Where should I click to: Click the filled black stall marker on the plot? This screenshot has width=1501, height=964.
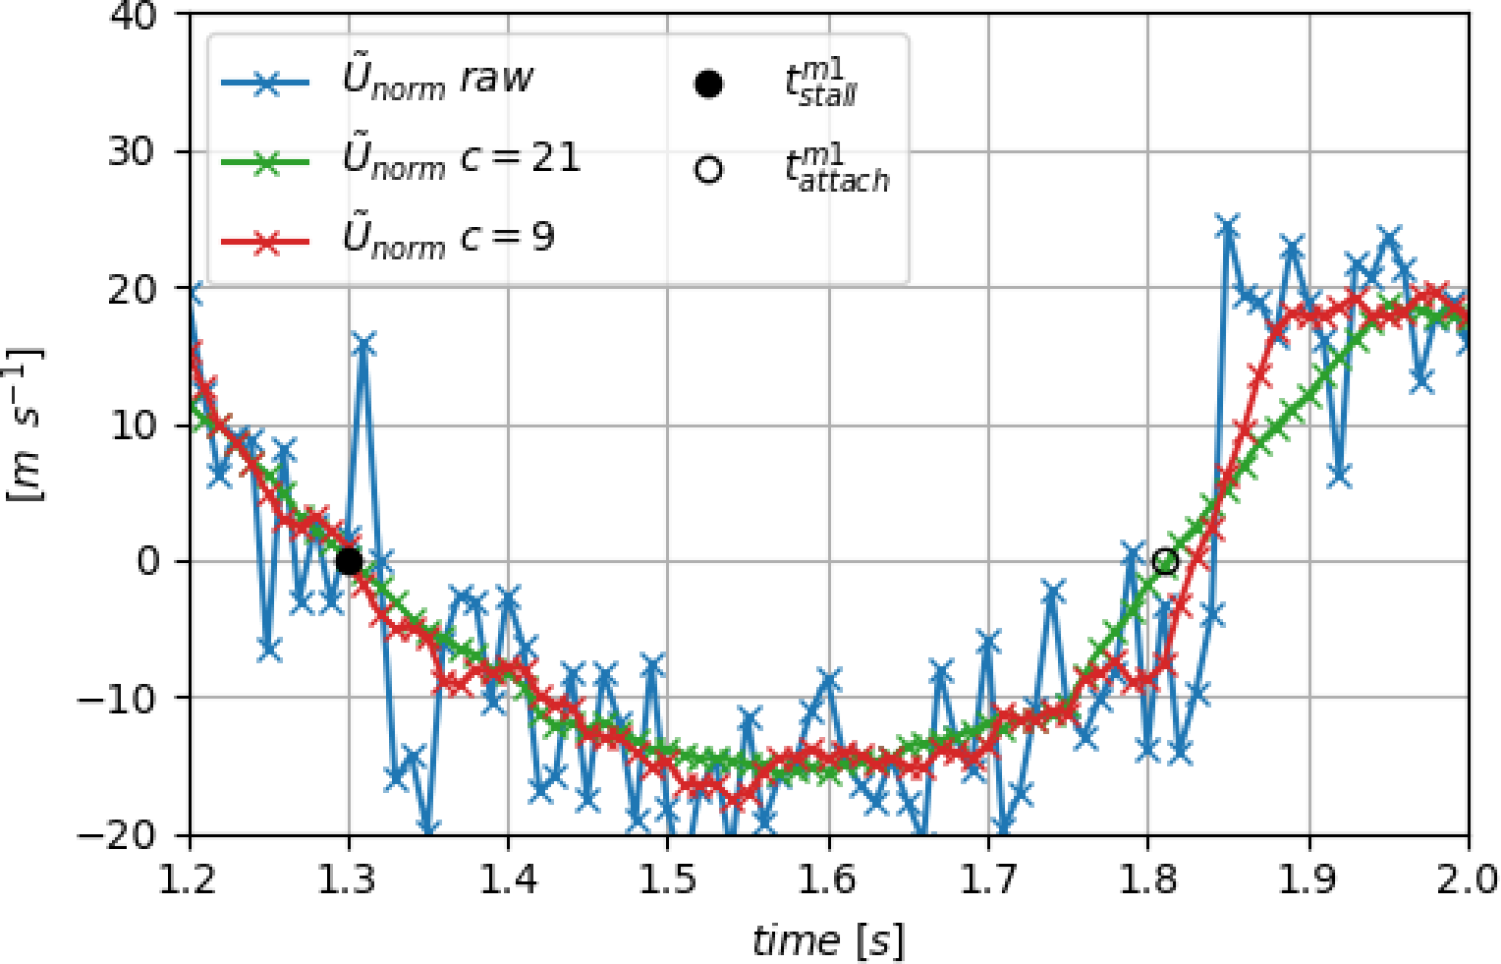pyautogui.click(x=349, y=561)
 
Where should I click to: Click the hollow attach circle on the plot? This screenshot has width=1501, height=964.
pyautogui.click(x=1165, y=561)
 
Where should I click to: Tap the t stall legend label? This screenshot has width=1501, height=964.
pyautogui.click(x=821, y=85)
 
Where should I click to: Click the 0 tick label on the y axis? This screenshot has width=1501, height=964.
pyautogui.click(x=148, y=562)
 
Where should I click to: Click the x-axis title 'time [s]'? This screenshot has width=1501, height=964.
pyautogui.click(x=828, y=940)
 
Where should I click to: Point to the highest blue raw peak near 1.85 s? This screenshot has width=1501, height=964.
pyautogui.click(x=1227, y=226)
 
